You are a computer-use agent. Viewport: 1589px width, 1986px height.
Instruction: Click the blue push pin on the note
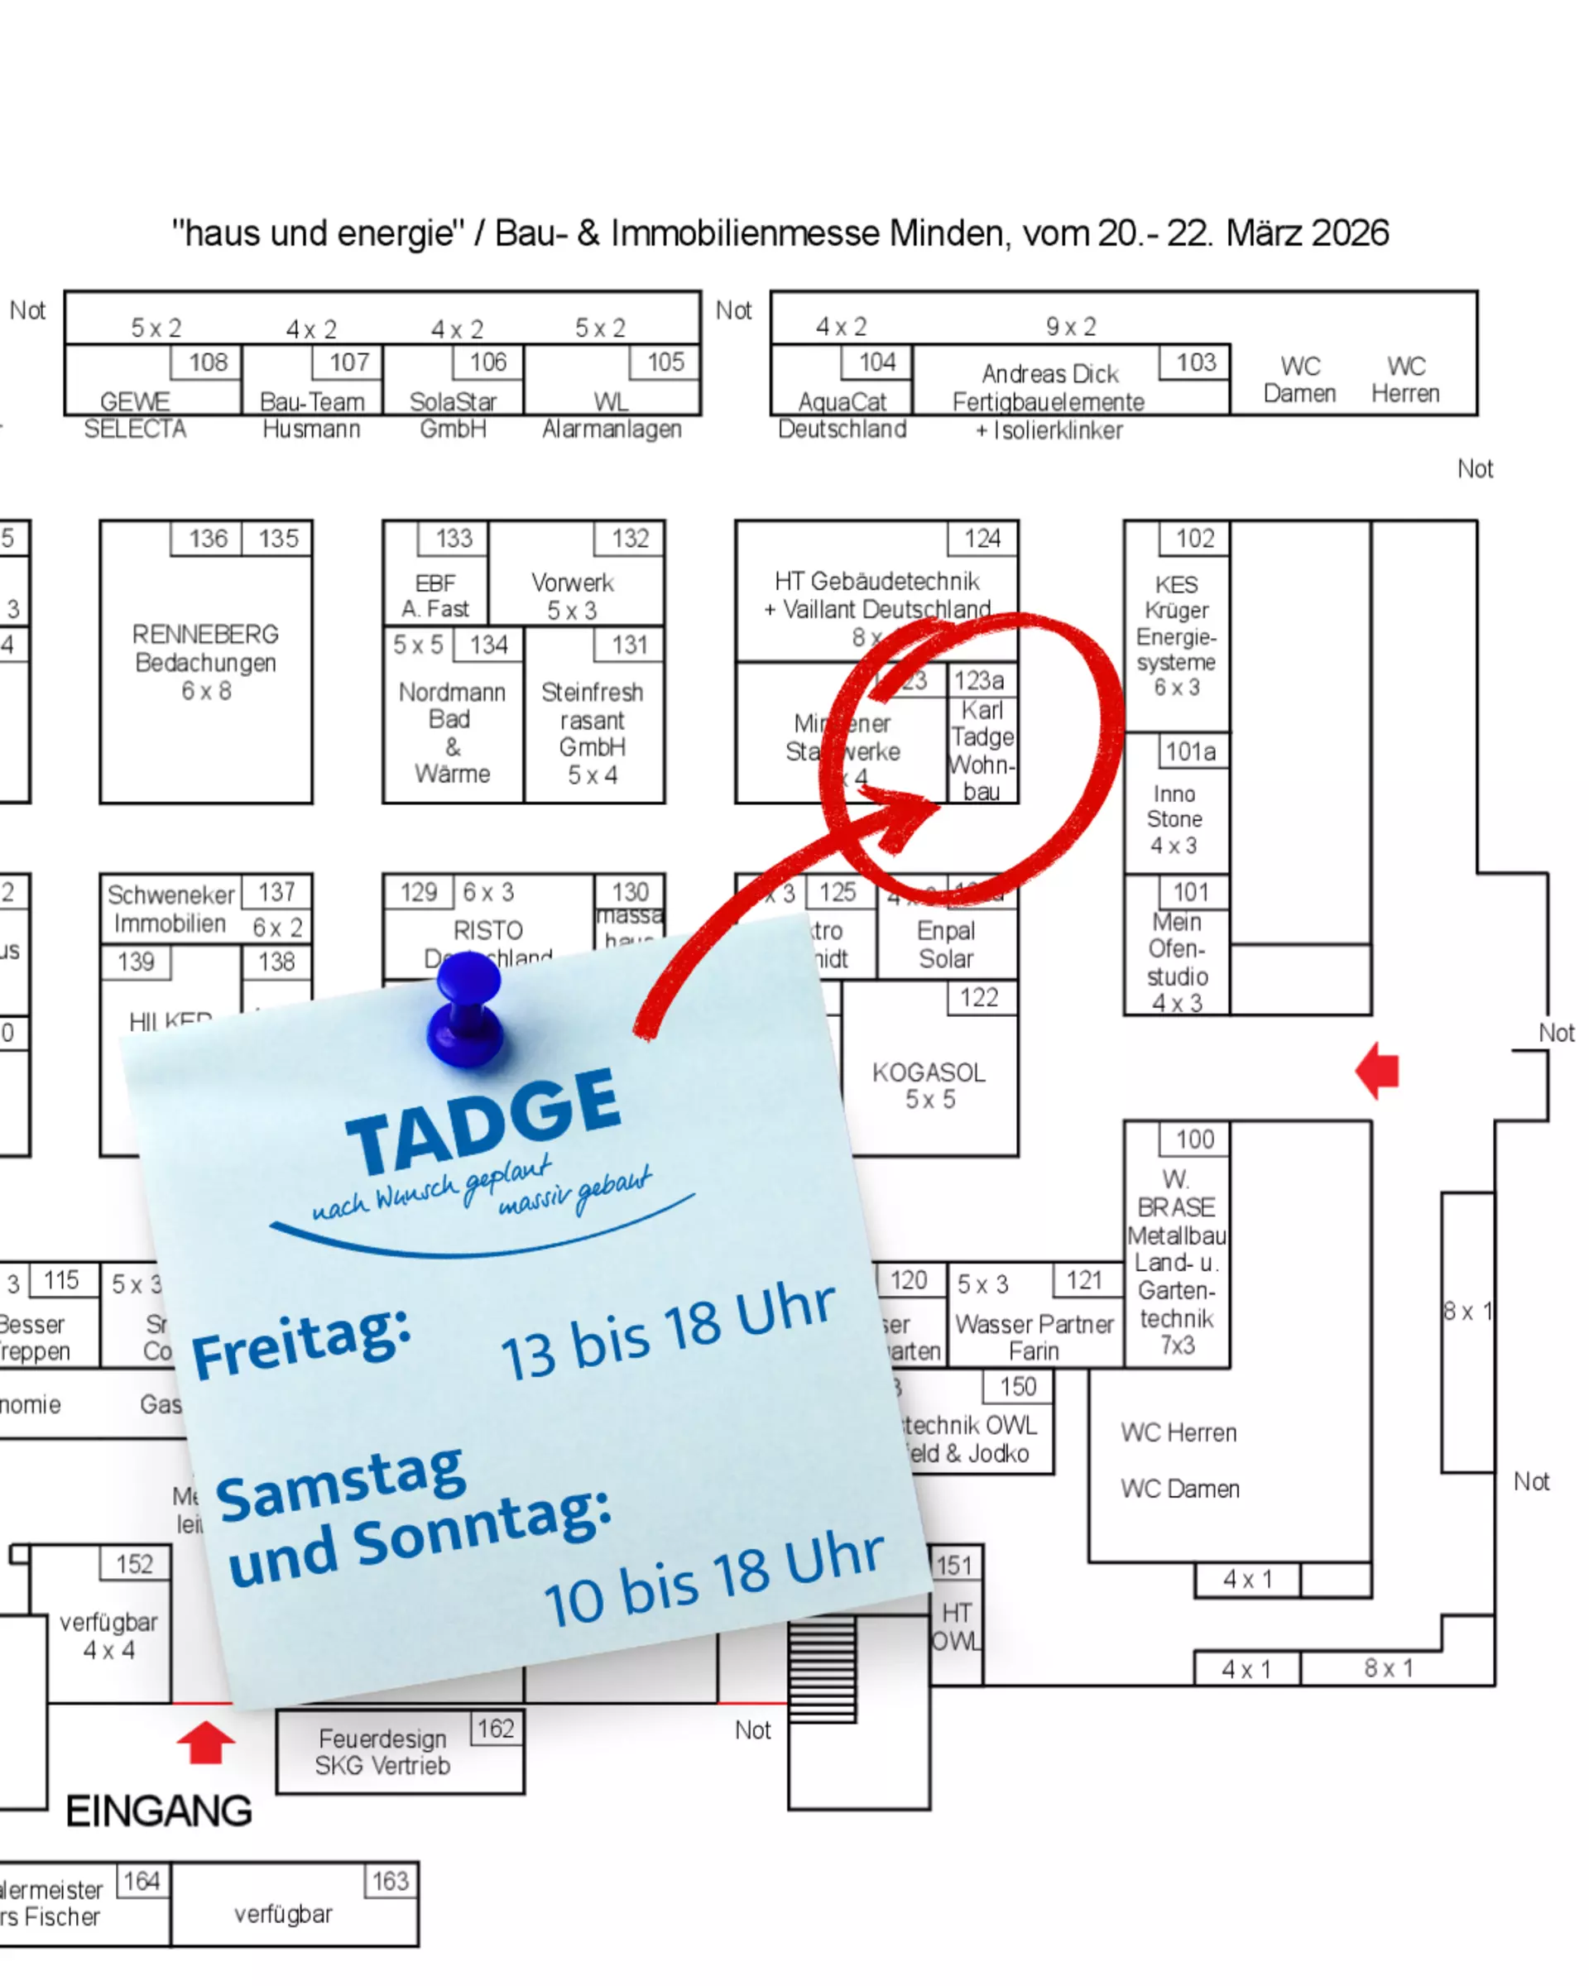466,1010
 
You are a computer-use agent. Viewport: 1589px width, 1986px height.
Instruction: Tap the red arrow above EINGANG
205,1741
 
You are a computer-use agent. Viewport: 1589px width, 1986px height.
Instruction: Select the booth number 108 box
207,362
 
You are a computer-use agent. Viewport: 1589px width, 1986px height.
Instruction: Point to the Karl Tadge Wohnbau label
982,750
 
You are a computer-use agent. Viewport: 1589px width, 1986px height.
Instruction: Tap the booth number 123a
978,681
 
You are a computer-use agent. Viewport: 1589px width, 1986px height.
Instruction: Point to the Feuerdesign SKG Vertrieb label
382,1752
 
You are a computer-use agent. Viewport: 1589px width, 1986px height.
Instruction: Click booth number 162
496,1728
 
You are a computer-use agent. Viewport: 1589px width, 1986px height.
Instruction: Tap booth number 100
1195,1139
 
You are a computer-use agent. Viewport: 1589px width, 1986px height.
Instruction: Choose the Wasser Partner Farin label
1034,1336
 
